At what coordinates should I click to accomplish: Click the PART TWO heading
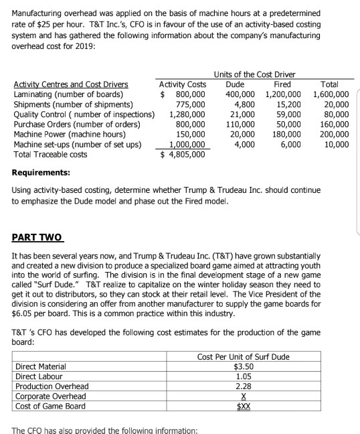[x=37, y=237]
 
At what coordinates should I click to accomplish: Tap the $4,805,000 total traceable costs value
[x=183, y=155]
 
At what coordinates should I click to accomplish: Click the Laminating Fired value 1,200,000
[x=283, y=94]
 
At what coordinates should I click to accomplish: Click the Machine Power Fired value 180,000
[x=287, y=135]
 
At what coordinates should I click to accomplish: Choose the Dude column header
[x=235, y=84]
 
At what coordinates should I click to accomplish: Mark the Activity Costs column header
[x=183, y=84]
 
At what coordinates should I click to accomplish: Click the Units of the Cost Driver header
[x=254, y=74]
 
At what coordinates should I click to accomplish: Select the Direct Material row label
[x=41, y=366]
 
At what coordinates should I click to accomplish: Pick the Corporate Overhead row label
[x=50, y=396]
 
